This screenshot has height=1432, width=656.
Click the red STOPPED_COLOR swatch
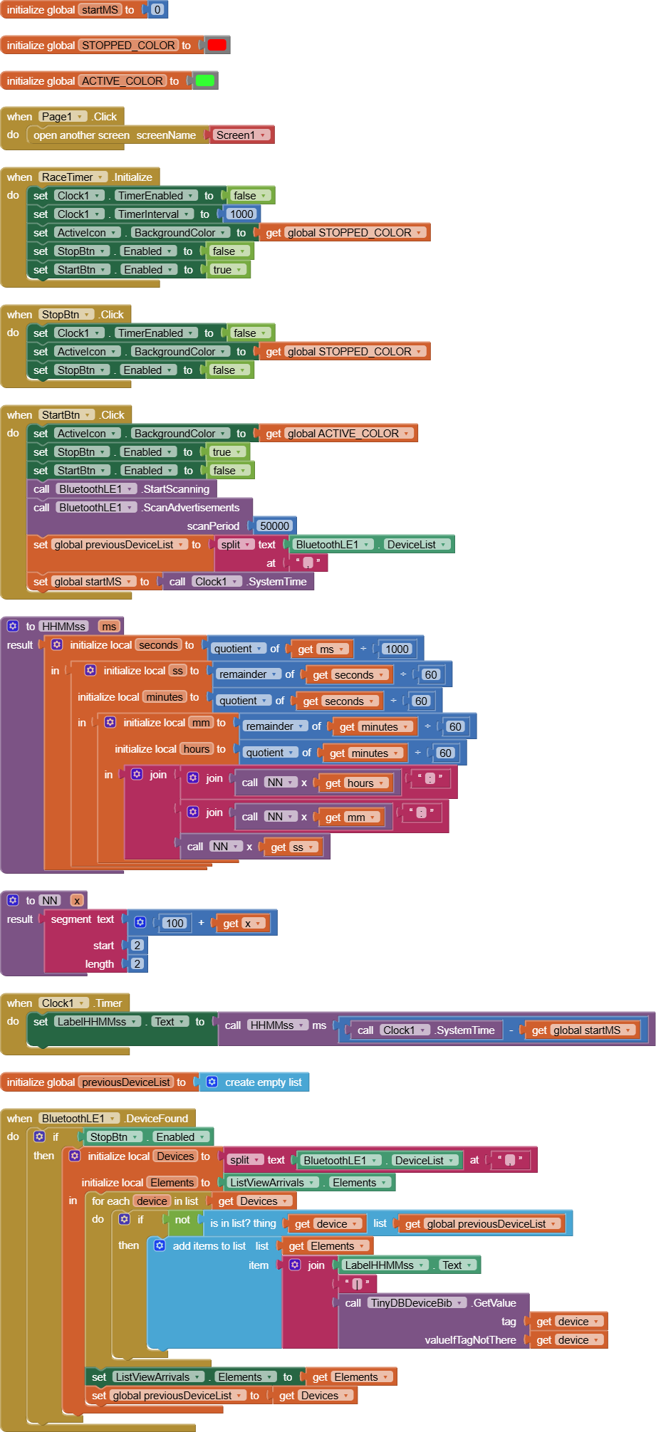[x=217, y=45]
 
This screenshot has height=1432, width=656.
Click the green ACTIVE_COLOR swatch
[x=204, y=80]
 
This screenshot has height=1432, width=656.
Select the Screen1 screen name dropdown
[x=241, y=135]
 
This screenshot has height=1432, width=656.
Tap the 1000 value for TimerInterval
[x=241, y=214]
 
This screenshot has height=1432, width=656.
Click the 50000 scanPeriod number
[x=274, y=526]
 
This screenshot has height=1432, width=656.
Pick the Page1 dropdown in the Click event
[x=63, y=117]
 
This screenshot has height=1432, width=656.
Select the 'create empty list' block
[x=263, y=1082]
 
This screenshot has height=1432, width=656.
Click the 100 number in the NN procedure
[x=175, y=923]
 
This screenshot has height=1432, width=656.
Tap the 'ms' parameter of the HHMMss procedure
[x=109, y=627]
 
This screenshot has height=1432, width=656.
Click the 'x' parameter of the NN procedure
[x=77, y=901]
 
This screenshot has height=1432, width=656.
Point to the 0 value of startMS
[x=157, y=10]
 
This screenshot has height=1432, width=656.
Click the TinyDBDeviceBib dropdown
[x=417, y=1303]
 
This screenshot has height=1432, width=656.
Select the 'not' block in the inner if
[x=182, y=1221]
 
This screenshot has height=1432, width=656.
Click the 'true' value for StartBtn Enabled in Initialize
[x=227, y=270]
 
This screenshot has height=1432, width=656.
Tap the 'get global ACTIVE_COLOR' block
[x=338, y=434]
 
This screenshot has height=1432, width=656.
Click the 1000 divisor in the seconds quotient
[x=397, y=649]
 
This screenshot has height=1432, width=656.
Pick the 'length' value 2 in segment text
[x=137, y=964]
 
